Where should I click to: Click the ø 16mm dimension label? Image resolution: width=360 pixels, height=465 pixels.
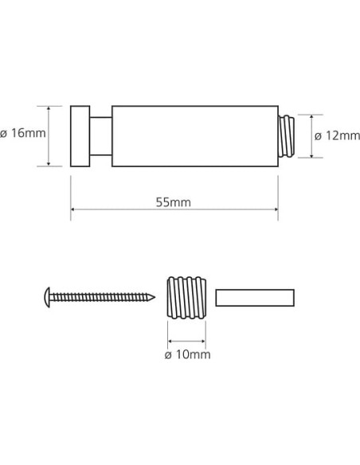23,135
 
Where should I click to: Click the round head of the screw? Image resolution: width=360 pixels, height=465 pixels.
47,299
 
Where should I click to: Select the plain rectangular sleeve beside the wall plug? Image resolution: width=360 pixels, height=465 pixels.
255,298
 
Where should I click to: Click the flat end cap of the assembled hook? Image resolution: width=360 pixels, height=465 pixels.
80,135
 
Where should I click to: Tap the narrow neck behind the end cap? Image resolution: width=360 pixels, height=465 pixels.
100,135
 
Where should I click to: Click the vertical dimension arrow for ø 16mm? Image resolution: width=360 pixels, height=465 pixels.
51,135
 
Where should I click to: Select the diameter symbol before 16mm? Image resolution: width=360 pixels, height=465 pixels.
5,135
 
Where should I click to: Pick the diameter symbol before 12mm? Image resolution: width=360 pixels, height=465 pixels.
318,135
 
